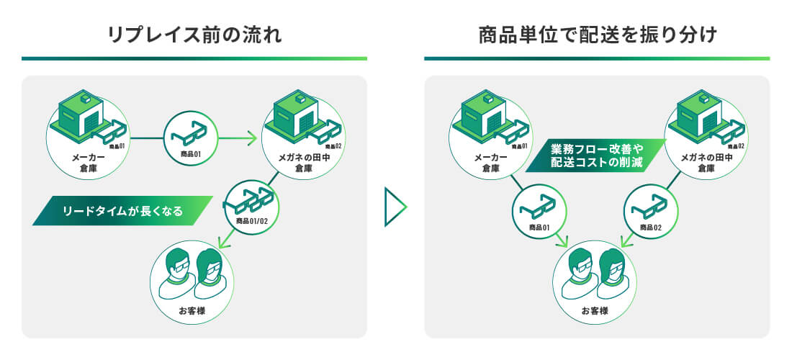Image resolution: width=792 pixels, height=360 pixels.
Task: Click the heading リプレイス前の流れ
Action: pyautogui.click(x=194, y=35)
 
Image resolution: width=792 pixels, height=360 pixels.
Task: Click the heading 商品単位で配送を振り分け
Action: pyautogui.click(x=598, y=35)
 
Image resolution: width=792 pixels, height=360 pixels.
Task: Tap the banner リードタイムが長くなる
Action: pyautogui.click(x=122, y=210)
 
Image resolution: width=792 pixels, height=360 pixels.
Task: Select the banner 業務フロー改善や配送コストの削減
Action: pyautogui.click(x=596, y=156)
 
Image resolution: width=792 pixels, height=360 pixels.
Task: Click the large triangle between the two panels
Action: pyautogui.click(x=395, y=207)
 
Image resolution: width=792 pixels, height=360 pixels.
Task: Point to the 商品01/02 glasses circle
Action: pyautogui.click(x=250, y=207)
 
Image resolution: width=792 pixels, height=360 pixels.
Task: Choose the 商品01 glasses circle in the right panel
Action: pyautogui.click(x=539, y=210)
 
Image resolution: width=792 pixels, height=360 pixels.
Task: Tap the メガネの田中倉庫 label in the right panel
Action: pyautogui.click(x=706, y=163)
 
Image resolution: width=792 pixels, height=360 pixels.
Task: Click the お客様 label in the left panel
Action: pyautogui.click(x=192, y=310)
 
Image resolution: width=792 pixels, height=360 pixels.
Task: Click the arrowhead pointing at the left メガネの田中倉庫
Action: pyautogui.click(x=251, y=138)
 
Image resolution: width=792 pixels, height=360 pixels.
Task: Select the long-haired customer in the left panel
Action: pyautogui.click(x=209, y=274)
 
